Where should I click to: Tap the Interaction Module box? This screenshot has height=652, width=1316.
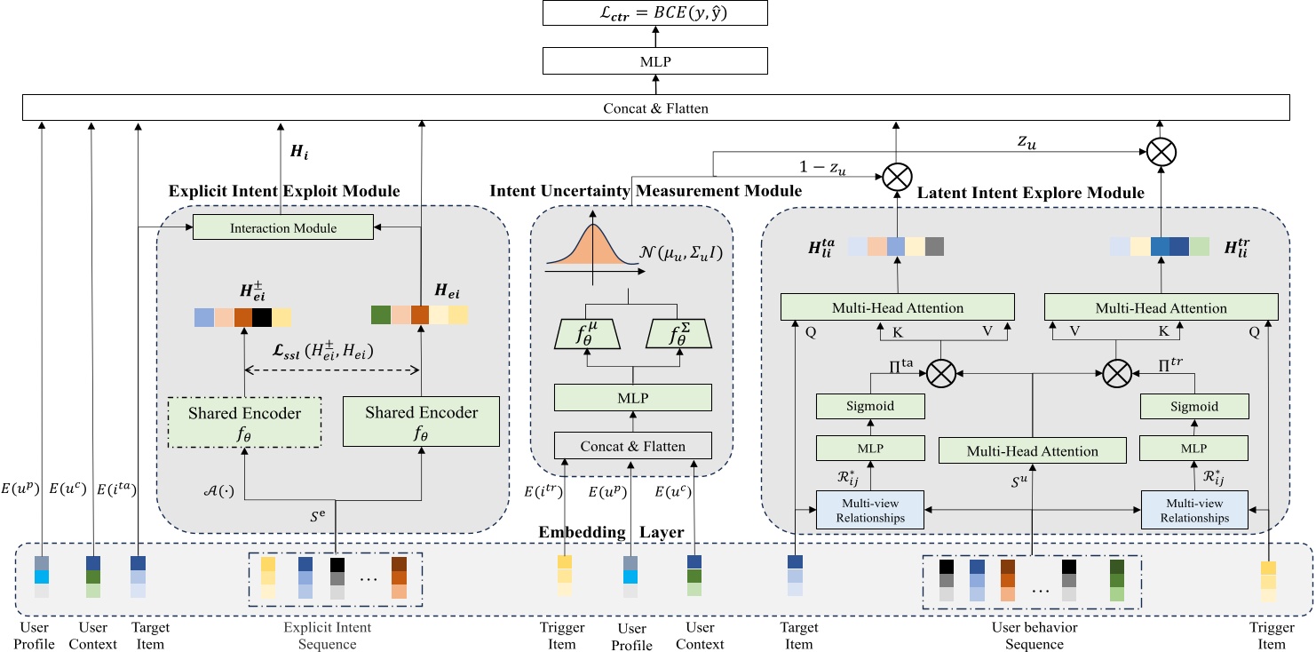[x=283, y=228]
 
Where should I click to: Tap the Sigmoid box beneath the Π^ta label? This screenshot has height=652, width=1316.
[x=870, y=407]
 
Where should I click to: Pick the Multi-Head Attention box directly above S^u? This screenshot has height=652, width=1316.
[x=1032, y=451]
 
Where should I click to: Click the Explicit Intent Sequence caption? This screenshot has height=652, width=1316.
[x=327, y=636]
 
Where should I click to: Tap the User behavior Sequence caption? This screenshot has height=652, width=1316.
[x=1034, y=636]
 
